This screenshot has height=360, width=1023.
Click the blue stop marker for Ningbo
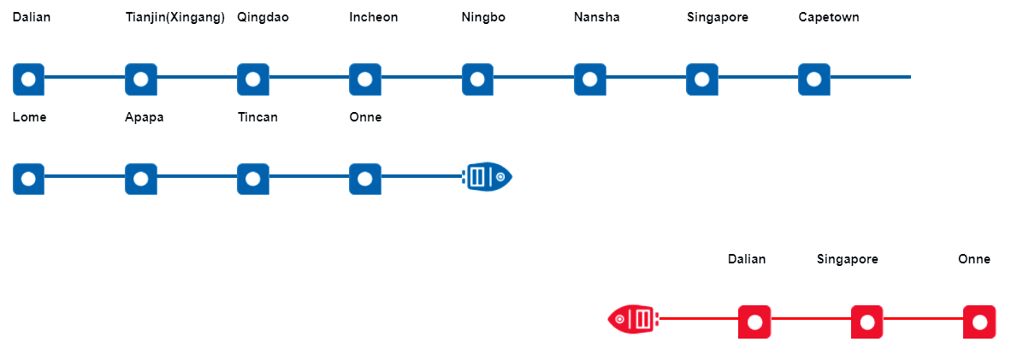477,79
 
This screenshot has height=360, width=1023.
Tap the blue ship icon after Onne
488,177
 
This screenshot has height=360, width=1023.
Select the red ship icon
633,320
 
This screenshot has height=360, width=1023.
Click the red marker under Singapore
866,322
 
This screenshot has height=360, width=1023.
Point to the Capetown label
828,17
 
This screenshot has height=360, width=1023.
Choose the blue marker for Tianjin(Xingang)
140,79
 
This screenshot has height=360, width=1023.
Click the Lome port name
29,117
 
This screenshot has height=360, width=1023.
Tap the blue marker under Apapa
140,179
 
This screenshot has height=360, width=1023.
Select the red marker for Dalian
754,322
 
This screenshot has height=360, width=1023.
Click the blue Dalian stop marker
28,79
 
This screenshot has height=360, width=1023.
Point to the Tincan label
257,117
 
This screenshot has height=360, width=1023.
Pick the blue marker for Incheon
365,79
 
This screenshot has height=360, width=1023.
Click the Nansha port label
596,17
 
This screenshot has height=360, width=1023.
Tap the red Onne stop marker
979,322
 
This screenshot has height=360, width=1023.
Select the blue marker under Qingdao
252,79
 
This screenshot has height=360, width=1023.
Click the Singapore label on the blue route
717,17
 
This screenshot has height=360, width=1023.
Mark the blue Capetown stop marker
813,79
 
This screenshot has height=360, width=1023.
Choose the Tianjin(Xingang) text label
174,17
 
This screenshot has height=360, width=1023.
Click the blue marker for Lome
28,179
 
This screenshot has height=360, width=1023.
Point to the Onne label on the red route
973,259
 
